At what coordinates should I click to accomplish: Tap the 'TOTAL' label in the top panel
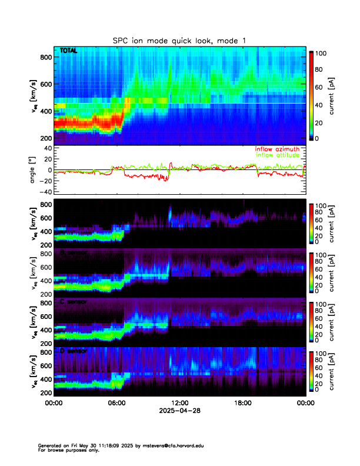click(x=68, y=52)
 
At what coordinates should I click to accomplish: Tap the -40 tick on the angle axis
click(x=44, y=191)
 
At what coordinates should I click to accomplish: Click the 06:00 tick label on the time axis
click(x=116, y=404)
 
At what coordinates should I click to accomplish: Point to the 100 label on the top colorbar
click(x=321, y=53)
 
